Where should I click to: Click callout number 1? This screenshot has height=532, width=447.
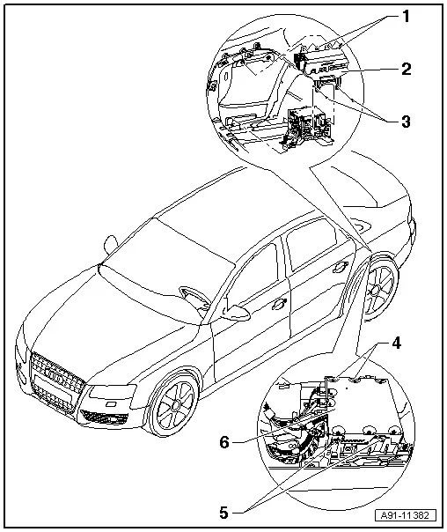click(405, 16)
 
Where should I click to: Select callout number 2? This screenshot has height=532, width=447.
click(406, 69)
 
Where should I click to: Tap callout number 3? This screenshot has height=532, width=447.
click(406, 122)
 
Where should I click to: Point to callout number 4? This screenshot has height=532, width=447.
click(396, 343)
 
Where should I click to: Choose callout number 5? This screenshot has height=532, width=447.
click(223, 513)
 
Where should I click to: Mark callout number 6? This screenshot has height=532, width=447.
click(224, 442)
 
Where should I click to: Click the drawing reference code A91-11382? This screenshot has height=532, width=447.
click(405, 515)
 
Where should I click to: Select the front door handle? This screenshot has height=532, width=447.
click(281, 302)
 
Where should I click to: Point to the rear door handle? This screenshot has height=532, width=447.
click(340, 268)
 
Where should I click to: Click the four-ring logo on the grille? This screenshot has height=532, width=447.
click(56, 375)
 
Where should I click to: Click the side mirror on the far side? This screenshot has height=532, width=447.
click(111, 244)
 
